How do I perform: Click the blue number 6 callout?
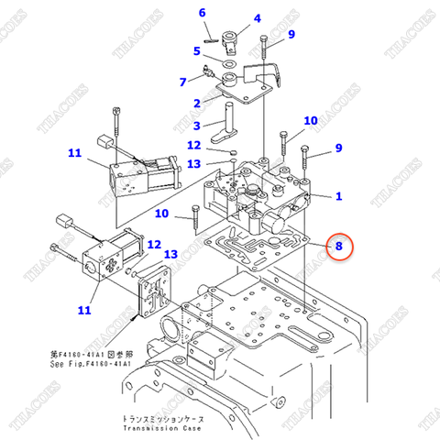click(x=203, y=13)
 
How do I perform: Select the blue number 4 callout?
click(x=257, y=18)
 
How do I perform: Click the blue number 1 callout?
click(x=338, y=195)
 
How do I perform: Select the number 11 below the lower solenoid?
click(x=83, y=310)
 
